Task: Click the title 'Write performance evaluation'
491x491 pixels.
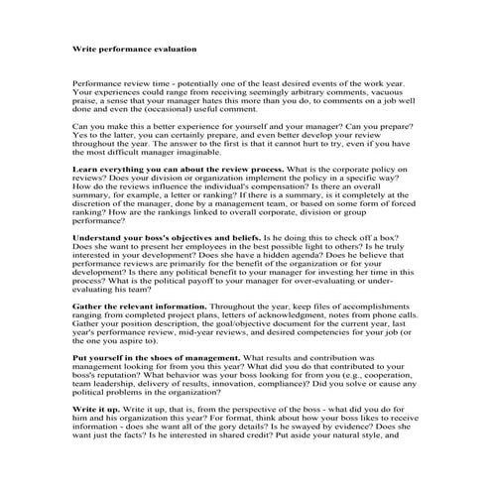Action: (x=134, y=47)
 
